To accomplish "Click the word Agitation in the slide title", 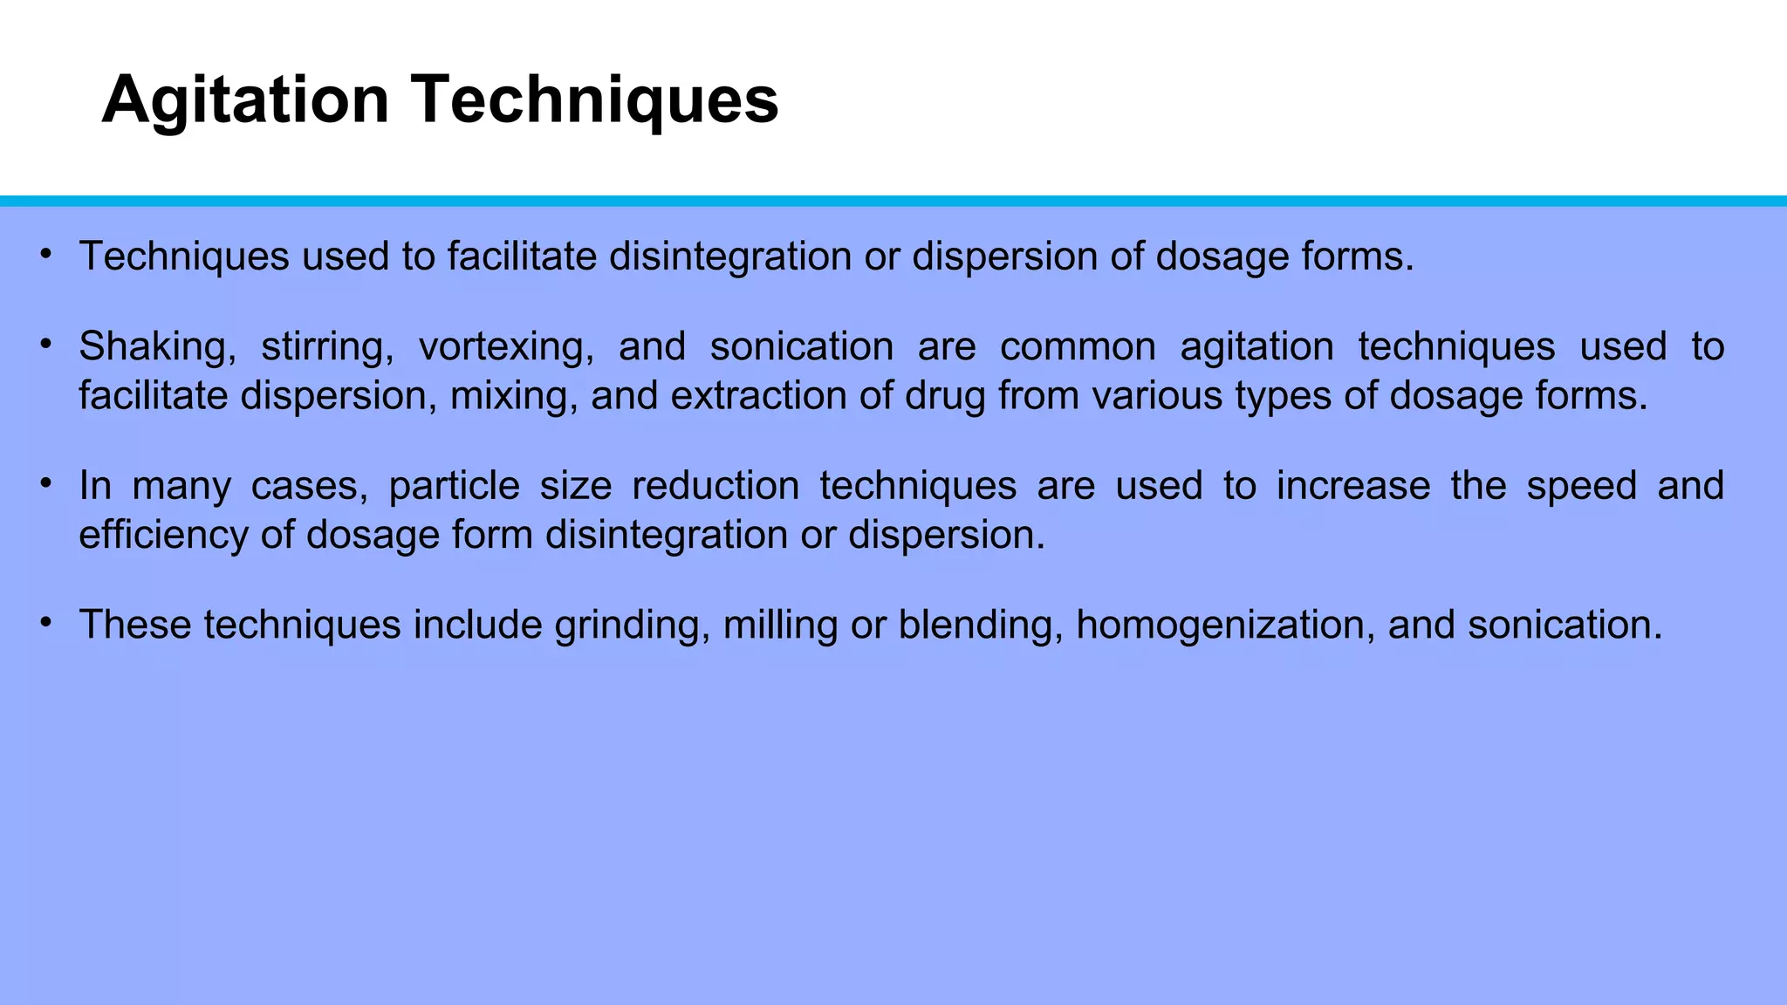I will (245, 100).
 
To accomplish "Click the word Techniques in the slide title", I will (596, 100).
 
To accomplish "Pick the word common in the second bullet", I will (1078, 346).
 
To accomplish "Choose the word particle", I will (454, 485).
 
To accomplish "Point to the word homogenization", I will (1226, 626).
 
